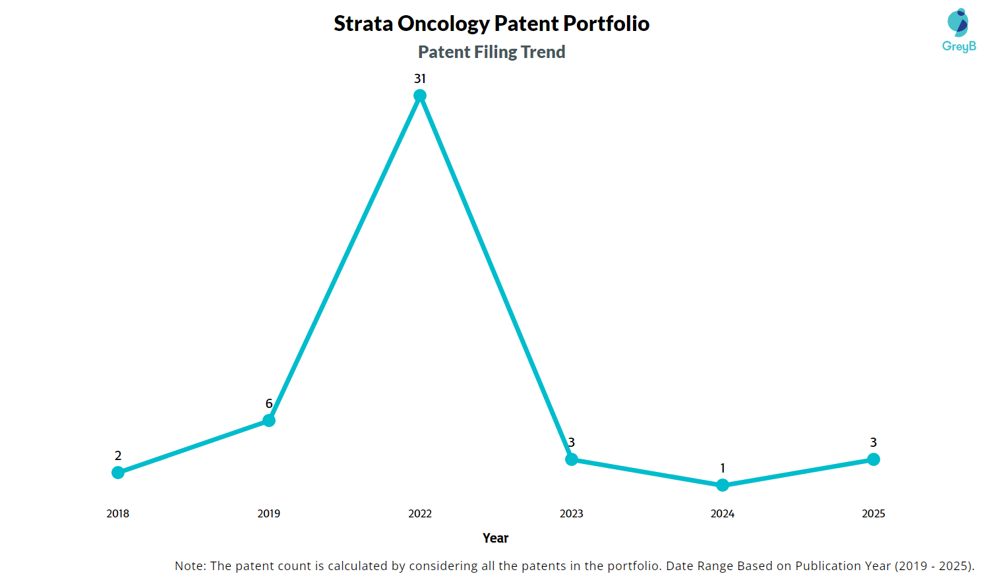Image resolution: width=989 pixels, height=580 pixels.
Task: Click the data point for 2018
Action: point(118,473)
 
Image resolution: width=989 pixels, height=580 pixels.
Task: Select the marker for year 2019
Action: point(269,420)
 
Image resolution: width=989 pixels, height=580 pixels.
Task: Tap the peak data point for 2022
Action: point(420,96)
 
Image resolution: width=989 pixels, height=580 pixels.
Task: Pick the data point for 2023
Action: point(572,459)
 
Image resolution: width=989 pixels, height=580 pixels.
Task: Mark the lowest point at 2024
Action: point(723,485)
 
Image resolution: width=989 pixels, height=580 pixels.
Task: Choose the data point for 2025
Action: point(874,459)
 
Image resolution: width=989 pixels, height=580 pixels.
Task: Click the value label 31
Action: point(420,79)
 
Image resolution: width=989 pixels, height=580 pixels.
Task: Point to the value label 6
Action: point(269,403)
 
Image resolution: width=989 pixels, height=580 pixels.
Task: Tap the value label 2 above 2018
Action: point(118,455)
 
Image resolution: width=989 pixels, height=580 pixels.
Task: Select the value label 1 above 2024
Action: point(723,468)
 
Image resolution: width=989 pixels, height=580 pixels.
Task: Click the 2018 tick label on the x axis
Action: point(118,513)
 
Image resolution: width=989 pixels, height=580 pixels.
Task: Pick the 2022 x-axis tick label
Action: point(420,513)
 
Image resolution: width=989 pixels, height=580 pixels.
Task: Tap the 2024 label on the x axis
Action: point(723,513)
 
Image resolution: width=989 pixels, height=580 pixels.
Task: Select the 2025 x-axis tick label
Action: point(874,513)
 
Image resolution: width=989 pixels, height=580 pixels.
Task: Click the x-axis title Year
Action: point(495,538)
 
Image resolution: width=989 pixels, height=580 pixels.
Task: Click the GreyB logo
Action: point(959,30)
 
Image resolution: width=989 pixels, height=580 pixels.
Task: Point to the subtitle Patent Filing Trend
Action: point(492,52)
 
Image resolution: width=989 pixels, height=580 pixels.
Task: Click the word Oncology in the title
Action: point(444,24)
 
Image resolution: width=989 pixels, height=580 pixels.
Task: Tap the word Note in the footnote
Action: point(189,565)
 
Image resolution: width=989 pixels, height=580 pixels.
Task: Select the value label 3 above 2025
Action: point(874,442)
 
